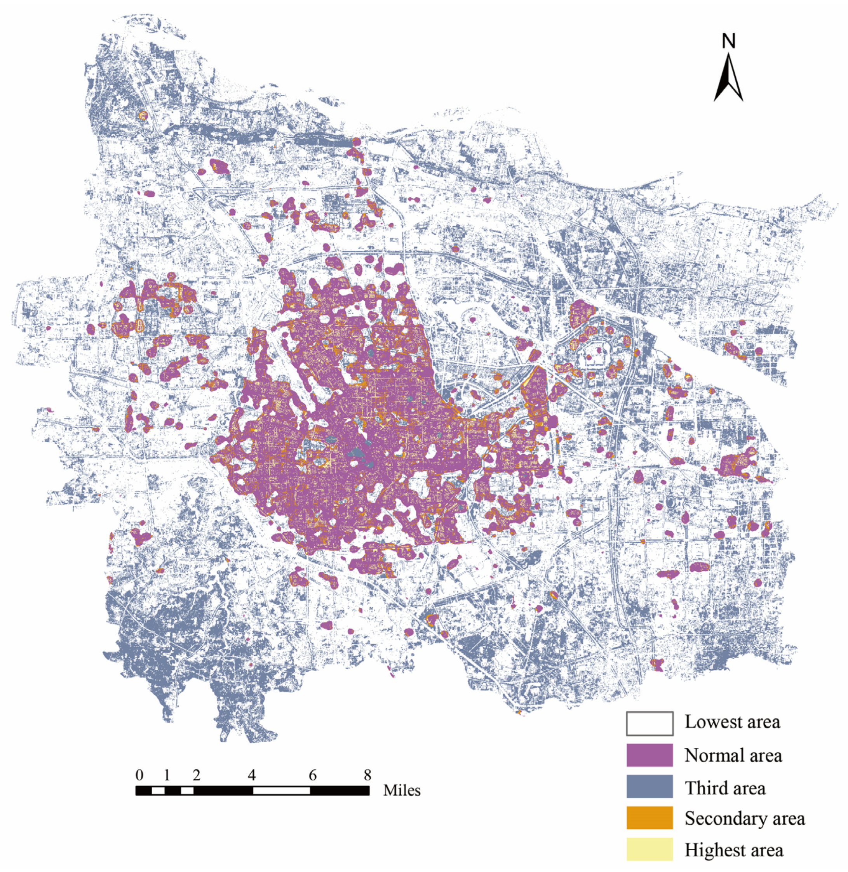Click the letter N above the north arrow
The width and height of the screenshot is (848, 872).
[x=728, y=42]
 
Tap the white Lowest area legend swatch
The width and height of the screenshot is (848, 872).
[x=649, y=723]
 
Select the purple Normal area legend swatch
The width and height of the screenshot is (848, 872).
[x=649, y=756]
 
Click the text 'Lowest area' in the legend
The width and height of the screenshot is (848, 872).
[x=732, y=722]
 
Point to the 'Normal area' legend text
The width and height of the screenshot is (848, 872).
[x=733, y=756]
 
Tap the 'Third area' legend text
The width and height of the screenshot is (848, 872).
[x=725, y=788]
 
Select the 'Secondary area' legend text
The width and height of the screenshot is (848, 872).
[x=745, y=818]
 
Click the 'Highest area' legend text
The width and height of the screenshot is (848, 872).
[x=733, y=850]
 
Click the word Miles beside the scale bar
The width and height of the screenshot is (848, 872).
[x=402, y=790]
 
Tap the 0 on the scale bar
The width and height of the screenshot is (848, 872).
[x=139, y=775]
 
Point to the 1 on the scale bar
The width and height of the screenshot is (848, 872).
[x=167, y=775]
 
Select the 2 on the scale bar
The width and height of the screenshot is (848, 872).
[x=197, y=775]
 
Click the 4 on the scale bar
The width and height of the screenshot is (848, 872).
[x=252, y=775]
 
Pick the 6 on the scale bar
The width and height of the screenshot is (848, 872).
[x=313, y=775]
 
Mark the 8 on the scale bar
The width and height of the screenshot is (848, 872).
[x=367, y=775]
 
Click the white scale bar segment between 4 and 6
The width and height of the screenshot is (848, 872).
[x=282, y=790]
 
